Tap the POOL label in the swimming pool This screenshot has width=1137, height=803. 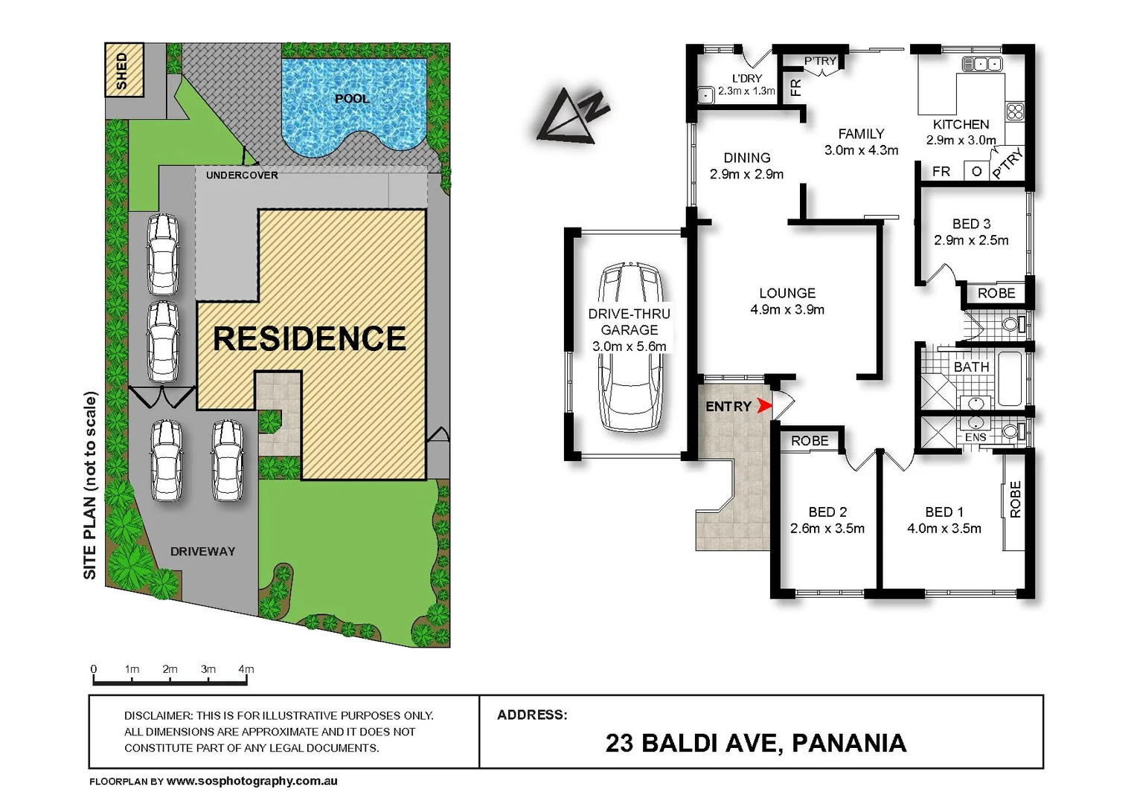coord(351,99)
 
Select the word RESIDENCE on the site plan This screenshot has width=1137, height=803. coord(310,339)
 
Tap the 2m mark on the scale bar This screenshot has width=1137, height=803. coord(170,669)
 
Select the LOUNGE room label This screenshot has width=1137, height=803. coord(787,293)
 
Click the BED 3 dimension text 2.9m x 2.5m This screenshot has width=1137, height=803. coord(971,240)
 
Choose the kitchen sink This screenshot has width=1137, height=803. coord(982,64)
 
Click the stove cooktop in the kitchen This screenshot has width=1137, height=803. coord(1015,112)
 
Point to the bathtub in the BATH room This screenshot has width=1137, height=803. coord(1010,379)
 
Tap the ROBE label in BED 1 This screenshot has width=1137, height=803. coord(1016,499)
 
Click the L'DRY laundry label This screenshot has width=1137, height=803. coord(746,78)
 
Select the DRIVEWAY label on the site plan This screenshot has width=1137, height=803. coord(202,552)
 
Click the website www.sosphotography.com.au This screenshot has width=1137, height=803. coord(252,781)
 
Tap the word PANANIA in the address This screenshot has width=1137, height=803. coord(849,743)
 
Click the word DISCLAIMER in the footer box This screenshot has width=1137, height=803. coord(158,715)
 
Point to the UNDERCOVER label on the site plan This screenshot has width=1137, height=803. coord(242,175)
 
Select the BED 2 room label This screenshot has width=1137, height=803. coord(827,512)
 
